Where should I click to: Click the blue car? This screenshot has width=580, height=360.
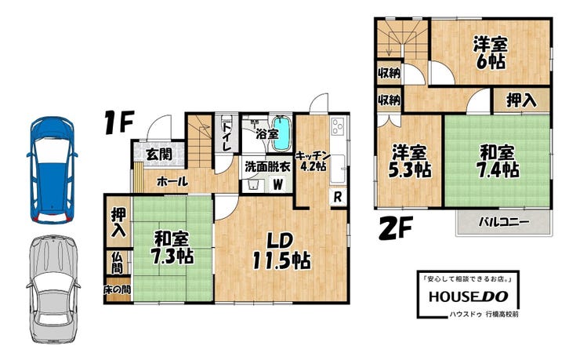[53, 170]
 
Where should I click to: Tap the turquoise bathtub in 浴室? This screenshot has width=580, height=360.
[282, 134]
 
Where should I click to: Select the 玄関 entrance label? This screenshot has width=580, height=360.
[159, 155]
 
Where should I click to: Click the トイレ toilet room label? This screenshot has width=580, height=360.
[227, 136]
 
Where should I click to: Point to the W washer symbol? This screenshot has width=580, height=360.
[277, 184]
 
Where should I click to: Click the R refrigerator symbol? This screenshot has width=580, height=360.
[337, 197]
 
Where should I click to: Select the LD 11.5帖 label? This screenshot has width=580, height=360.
[281, 251]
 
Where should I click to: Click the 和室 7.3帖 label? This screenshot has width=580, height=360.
[172, 247]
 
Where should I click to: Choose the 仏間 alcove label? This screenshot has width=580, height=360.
[117, 263]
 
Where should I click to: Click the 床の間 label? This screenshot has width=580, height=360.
[117, 289]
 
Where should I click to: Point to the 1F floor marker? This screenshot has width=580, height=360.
[118, 122]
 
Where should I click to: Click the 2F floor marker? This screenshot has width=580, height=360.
[396, 228]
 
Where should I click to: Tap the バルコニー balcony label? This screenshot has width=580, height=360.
[504, 222]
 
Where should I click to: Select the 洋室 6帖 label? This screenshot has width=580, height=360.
[491, 53]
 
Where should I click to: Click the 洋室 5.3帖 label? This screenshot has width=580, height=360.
[409, 161]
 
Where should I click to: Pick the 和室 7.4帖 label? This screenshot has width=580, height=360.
[498, 161]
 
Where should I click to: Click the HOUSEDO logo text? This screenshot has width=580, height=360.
[468, 296]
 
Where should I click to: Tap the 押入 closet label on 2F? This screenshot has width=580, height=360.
[521, 100]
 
